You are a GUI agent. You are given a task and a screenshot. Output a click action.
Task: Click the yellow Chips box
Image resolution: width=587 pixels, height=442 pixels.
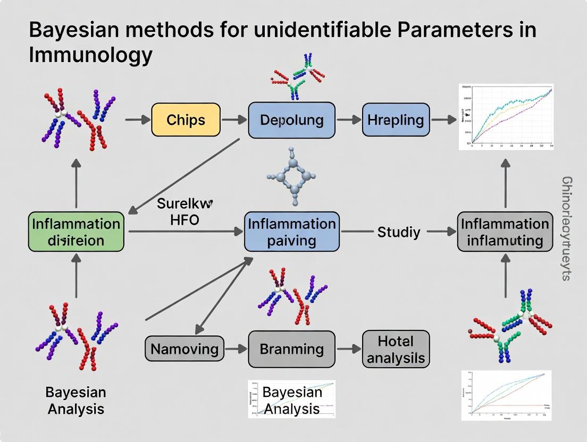tap(186, 120)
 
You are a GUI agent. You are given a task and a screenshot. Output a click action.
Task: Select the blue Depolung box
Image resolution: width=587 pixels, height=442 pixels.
tap(291, 120)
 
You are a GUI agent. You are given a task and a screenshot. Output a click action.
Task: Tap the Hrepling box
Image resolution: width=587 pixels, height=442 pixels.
tap(396, 120)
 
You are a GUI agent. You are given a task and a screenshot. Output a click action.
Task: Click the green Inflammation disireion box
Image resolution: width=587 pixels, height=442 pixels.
tap(76, 232)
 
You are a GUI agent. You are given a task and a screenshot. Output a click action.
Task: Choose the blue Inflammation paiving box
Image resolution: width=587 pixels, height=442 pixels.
tap(291, 232)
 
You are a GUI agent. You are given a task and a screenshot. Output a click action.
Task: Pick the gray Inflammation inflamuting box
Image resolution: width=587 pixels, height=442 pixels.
tap(505, 232)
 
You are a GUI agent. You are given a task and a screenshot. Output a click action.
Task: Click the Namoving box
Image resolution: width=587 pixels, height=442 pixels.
tap(184, 349)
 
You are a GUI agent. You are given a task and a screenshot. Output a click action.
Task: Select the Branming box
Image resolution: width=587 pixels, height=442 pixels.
tap(291, 349)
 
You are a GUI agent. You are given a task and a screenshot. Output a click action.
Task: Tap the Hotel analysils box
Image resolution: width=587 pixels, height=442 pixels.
tap(396, 349)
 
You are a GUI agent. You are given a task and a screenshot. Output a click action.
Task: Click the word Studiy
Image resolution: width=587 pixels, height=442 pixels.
tap(398, 232)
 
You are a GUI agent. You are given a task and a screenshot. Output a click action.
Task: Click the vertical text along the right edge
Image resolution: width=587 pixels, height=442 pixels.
tap(567, 228)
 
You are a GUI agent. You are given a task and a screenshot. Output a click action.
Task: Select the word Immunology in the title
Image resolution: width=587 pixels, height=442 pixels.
tap(90, 55)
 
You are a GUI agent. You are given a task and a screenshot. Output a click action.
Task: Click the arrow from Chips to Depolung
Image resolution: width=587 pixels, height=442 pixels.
tap(234, 120)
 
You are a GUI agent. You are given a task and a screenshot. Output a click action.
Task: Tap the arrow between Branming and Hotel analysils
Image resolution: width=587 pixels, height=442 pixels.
tap(348, 349)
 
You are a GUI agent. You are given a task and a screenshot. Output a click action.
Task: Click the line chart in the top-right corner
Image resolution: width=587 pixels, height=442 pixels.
tap(506, 116)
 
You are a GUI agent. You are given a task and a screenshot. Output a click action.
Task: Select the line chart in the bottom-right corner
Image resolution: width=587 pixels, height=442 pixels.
tap(506, 392)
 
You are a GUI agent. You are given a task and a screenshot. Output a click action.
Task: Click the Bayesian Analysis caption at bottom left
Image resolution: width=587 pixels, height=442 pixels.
tap(76, 401)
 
